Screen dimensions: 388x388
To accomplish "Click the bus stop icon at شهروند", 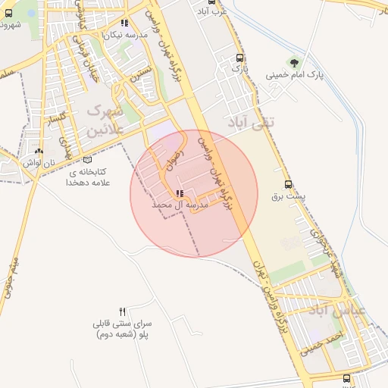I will click(8, 12).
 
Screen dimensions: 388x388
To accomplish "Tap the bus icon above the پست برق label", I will click(288, 183).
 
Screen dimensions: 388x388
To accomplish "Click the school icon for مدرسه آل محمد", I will click(179, 193).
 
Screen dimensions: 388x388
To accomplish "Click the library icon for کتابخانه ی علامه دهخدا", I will click(89, 160).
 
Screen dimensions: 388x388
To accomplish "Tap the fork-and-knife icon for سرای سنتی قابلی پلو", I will click(123, 311).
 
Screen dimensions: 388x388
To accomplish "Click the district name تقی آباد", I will click(255, 121).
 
